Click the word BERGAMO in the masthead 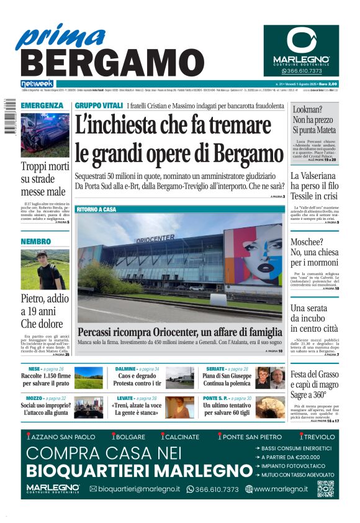107,63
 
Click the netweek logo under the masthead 37,84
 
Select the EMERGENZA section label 42,106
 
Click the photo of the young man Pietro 45,270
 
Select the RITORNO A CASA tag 96,210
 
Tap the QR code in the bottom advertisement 325,489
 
